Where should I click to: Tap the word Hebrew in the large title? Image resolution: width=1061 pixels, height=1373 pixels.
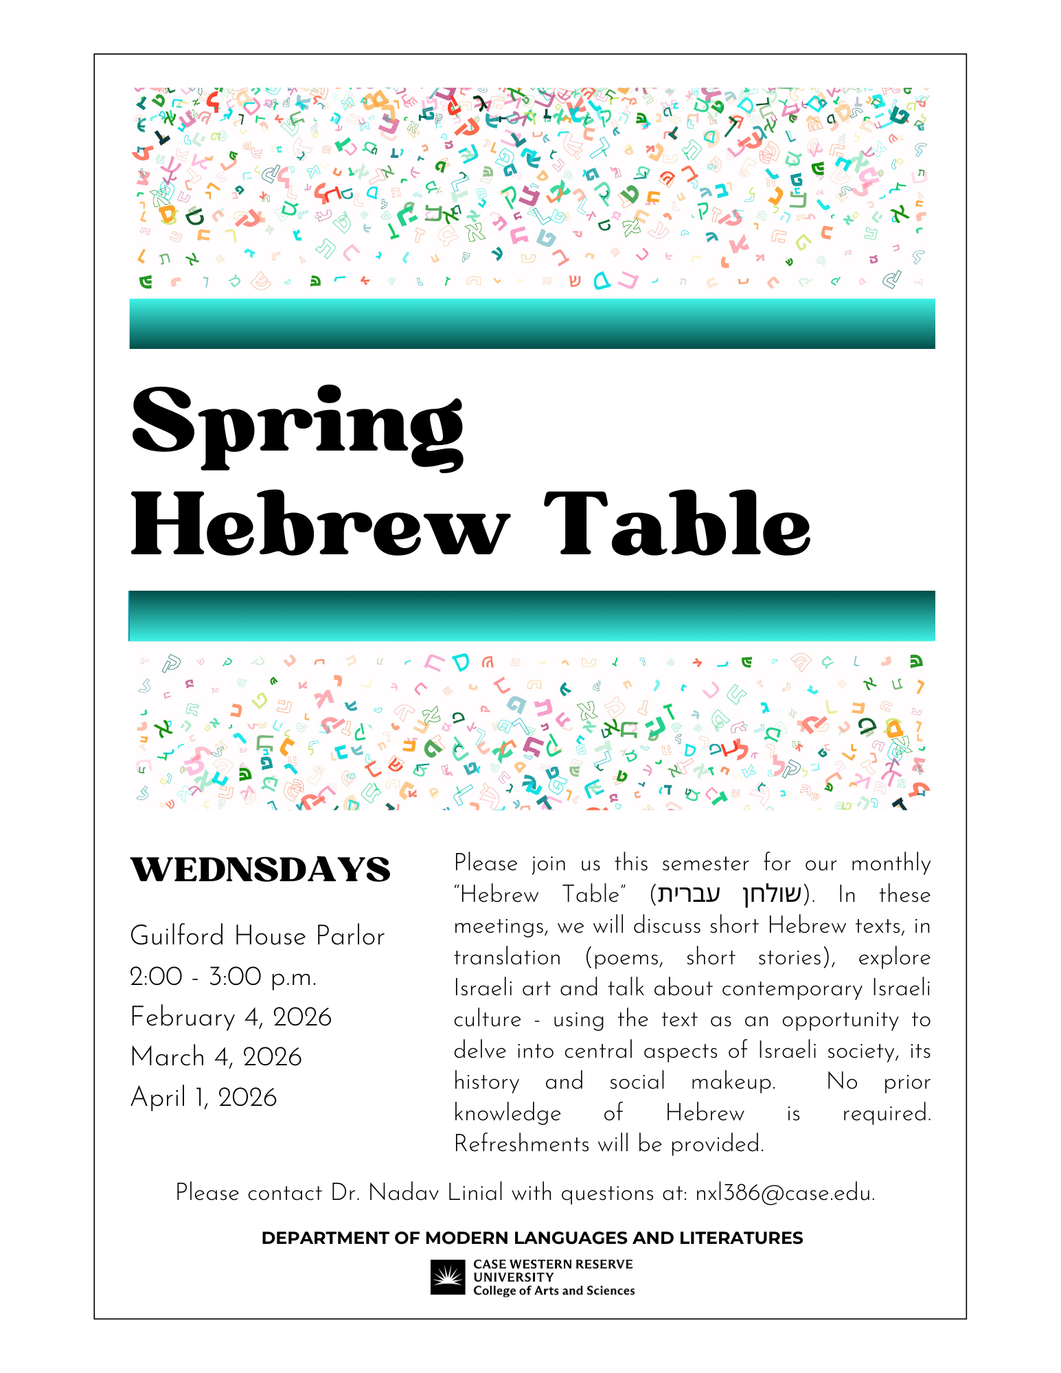tap(320, 525)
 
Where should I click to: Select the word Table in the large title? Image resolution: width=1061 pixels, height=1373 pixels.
tap(678, 525)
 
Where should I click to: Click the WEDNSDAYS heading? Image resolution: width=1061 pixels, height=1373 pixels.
tap(260, 870)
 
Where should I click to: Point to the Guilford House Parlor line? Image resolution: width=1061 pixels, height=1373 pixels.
tap(258, 936)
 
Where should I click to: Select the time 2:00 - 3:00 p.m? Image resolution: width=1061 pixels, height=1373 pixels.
tap(223, 977)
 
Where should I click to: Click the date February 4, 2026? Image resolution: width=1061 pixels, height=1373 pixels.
tap(231, 1017)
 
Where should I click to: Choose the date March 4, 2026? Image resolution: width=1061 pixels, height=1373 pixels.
tap(216, 1057)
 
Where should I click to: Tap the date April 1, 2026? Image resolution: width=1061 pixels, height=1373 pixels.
tap(204, 1098)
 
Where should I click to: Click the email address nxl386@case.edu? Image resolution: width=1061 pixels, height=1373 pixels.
tap(784, 1193)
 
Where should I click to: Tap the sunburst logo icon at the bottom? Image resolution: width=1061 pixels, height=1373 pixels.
tap(448, 1277)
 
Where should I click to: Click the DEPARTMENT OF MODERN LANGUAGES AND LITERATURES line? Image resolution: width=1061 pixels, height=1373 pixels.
tap(532, 1238)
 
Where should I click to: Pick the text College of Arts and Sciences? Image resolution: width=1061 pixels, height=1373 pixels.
tap(554, 1291)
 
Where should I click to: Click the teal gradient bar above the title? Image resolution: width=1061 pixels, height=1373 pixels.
tap(532, 324)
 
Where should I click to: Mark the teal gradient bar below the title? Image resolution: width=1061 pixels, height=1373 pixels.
tap(532, 615)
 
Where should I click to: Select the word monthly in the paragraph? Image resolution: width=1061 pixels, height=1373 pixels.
tap(891, 863)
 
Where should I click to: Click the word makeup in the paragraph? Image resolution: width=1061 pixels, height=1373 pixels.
tap(732, 1082)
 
